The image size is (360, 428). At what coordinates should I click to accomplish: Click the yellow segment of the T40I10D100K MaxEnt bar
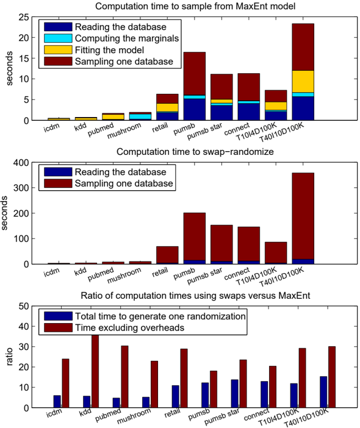coord(303,81)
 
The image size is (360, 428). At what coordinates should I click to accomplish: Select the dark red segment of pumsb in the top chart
coord(195,73)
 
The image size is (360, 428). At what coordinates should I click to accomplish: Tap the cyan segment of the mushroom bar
coord(140,116)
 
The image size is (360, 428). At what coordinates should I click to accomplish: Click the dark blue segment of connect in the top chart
coord(249,112)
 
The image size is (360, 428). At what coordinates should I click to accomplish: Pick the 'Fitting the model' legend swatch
coord(58,50)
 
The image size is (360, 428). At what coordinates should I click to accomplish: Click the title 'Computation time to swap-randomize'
coord(195,152)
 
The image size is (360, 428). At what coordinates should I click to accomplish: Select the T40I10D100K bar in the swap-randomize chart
coord(303,218)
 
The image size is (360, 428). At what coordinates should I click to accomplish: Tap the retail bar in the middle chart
coord(167,255)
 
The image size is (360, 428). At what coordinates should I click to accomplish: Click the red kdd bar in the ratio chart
coord(95,371)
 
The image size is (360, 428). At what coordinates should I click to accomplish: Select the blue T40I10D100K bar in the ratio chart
coord(323,392)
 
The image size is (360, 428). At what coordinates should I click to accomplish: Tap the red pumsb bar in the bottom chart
coord(214,389)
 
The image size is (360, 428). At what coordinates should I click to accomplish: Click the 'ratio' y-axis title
coord(9,357)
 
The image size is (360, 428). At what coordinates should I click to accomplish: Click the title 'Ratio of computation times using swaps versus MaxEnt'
coord(195,296)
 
